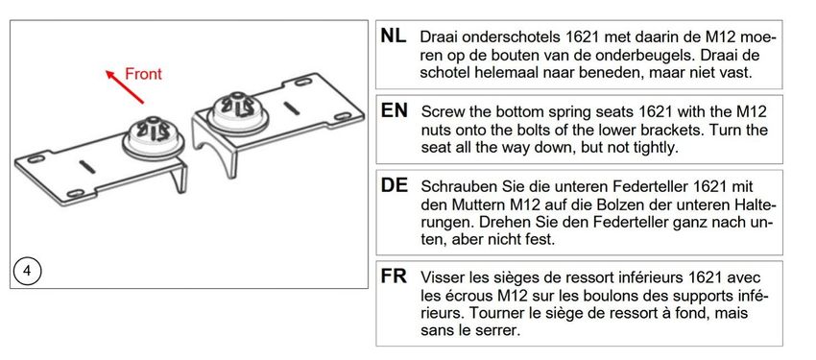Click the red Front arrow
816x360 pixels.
click(x=125, y=86)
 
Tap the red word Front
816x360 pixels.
click(x=144, y=74)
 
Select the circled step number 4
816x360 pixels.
click(x=27, y=272)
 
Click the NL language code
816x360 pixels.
click(x=394, y=36)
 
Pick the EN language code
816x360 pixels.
click(x=394, y=110)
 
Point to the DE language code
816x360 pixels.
click(x=394, y=185)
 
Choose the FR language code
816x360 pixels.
click(x=394, y=276)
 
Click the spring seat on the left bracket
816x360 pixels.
click(x=153, y=139)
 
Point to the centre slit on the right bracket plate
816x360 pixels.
click(x=293, y=108)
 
